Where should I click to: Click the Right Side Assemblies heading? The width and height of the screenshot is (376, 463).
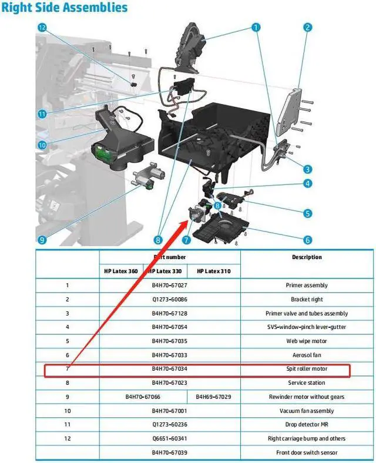(x=65, y=8)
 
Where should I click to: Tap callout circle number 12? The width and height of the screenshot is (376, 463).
(x=42, y=28)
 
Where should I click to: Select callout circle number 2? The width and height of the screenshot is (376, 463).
(x=307, y=27)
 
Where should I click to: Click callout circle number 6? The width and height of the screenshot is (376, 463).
(x=307, y=240)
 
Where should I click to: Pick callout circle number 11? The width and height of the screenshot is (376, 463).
(x=41, y=113)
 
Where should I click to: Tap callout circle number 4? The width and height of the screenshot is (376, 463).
(x=307, y=183)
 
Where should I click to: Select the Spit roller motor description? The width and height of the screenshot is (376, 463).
(x=307, y=369)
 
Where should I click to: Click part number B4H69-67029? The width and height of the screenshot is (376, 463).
(x=213, y=397)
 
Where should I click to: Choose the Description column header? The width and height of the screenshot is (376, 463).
(x=307, y=257)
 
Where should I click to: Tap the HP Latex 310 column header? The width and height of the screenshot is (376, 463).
(x=214, y=271)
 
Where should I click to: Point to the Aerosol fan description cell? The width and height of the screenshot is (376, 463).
(x=307, y=355)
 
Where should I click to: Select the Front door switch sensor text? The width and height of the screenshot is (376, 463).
(x=307, y=452)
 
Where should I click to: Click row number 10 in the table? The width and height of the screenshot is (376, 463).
(x=67, y=411)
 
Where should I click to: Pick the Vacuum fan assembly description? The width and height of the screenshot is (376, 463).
(x=307, y=411)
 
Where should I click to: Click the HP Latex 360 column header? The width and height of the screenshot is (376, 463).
(x=121, y=271)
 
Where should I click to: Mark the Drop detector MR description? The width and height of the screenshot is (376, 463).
(x=307, y=424)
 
